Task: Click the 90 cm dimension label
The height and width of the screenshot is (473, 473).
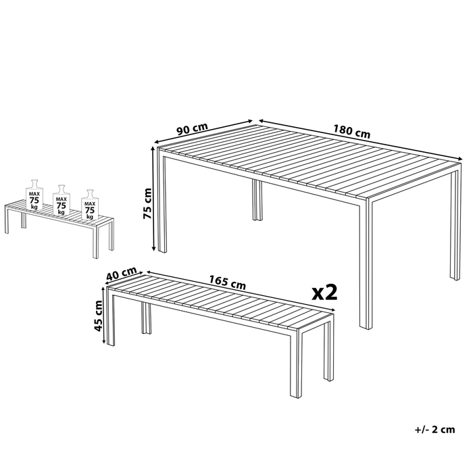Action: tap(192, 129)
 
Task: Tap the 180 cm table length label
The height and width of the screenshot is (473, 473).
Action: tap(351, 132)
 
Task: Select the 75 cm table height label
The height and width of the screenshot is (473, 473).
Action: tap(147, 203)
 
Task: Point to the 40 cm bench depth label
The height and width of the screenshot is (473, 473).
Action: tap(122, 273)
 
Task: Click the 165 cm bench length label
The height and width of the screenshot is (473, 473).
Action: tap(228, 282)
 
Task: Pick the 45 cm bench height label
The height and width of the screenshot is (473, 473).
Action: tap(99, 316)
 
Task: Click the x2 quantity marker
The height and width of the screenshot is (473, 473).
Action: tap(324, 293)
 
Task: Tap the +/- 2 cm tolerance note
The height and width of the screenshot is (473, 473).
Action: tap(434, 429)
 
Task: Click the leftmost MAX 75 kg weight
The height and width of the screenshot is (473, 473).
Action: tap(34, 195)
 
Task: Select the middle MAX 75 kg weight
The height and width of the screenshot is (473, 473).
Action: tap(61, 200)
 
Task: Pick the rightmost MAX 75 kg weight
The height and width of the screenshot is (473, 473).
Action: tap(90, 205)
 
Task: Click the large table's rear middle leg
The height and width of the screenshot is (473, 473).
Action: tap(257, 200)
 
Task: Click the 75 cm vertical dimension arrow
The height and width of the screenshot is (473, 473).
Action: tap(153, 199)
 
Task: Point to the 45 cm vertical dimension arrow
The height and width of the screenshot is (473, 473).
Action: tap(104, 316)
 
